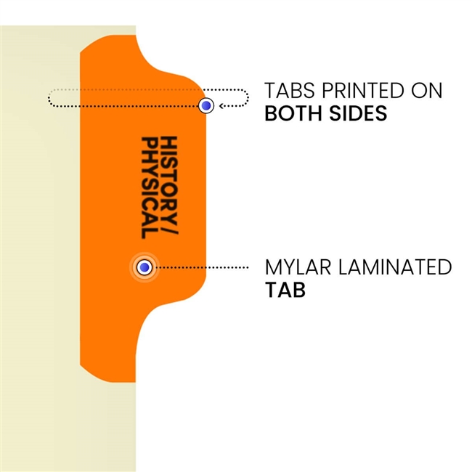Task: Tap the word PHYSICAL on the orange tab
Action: tap(150, 188)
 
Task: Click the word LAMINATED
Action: tap(392, 267)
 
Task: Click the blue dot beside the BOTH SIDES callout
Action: tap(207, 106)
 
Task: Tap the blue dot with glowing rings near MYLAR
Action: tap(145, 268)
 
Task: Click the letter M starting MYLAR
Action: tap(273, 267)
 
